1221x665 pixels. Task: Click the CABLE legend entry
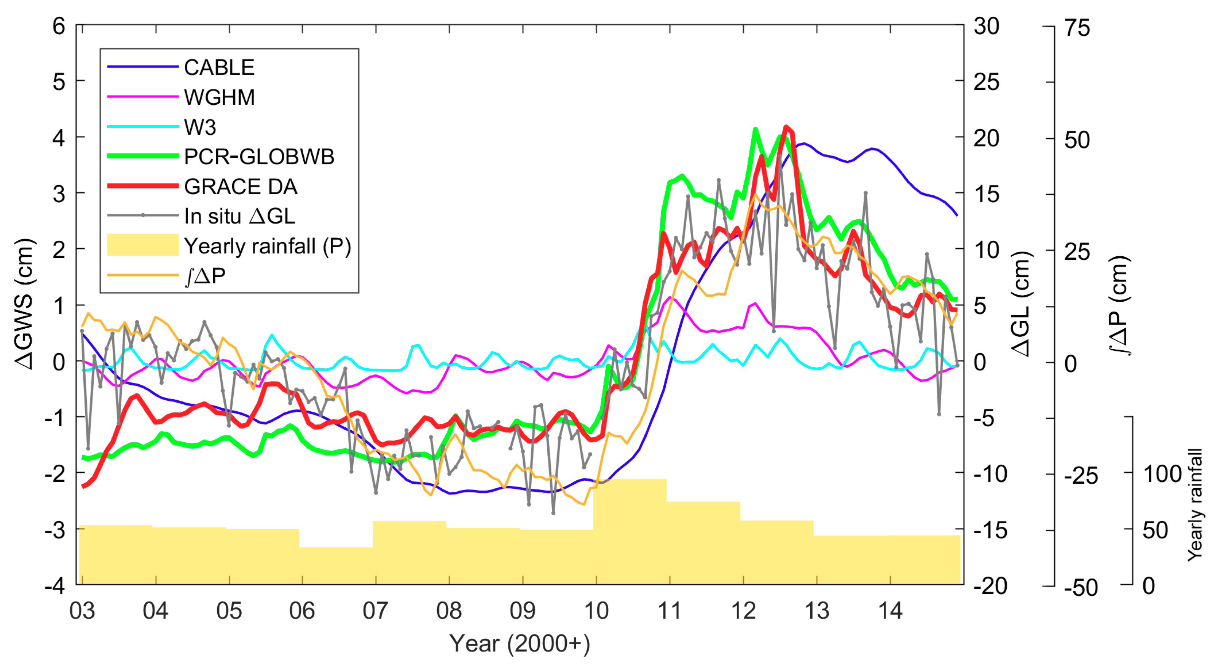[218, 67]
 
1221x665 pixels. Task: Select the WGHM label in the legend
[219, 97]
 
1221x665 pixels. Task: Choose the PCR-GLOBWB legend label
[259, 157]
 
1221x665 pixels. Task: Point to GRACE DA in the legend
[240, 186]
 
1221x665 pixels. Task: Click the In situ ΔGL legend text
[239, 216]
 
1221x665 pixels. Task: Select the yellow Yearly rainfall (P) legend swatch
[142, 245]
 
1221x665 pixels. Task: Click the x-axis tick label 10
[596, 611]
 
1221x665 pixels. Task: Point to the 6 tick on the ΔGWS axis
[59, 26]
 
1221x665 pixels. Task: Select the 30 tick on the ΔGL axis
[987, 26]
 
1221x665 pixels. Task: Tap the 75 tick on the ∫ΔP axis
[1077, 29]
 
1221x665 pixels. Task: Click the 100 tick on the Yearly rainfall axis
[1162, 474]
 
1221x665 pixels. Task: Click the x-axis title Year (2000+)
[520, 644]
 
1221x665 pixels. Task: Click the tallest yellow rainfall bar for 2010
[630, 531]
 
